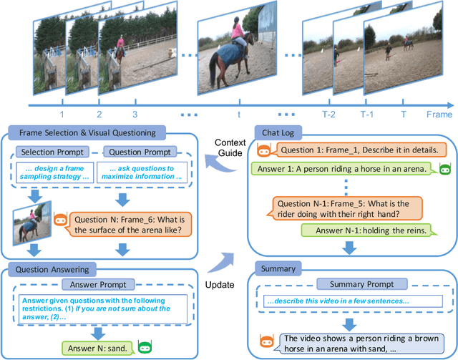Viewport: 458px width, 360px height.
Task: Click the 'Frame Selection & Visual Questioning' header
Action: (85, 133)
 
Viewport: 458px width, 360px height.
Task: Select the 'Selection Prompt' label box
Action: (54, 152)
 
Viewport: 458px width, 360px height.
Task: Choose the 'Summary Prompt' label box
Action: (346, 285)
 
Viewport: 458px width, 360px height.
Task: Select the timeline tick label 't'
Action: (238, 115)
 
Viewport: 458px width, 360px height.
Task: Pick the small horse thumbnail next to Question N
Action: (31, 219)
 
